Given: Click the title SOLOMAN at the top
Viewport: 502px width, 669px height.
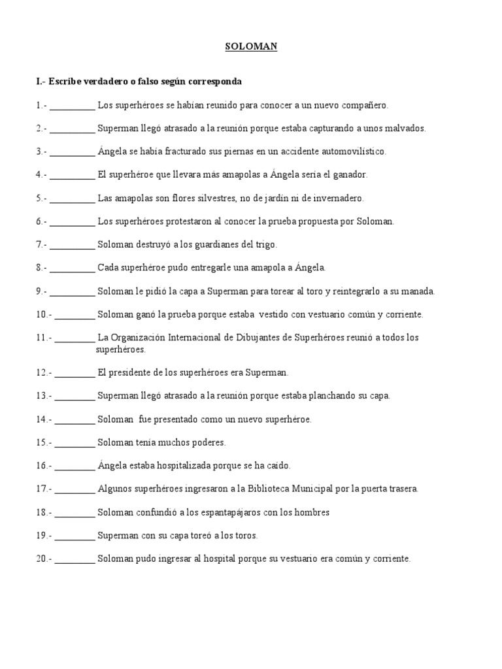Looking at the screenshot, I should [250, 47].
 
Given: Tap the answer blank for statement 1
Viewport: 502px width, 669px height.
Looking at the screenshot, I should [72, 105].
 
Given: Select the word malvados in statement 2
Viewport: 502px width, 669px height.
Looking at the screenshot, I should [406, 128].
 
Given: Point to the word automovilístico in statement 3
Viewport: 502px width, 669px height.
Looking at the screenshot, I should [352, 152].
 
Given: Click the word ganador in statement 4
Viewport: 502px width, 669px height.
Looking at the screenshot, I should [350, 174].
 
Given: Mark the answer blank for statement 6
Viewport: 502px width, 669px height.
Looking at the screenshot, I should [72, 221].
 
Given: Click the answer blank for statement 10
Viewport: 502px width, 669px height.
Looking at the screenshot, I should [75, 314].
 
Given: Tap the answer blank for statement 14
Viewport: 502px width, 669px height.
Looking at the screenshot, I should [75, 419].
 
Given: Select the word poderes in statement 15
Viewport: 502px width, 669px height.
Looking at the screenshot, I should [208, 442].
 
